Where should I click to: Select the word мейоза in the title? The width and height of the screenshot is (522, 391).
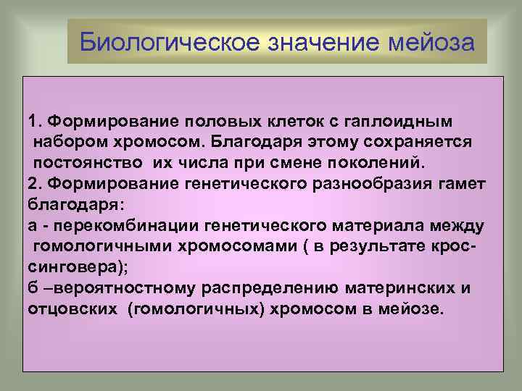(x=429, y=42)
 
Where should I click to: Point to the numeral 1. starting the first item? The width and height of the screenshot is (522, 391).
(x=34, y=119)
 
